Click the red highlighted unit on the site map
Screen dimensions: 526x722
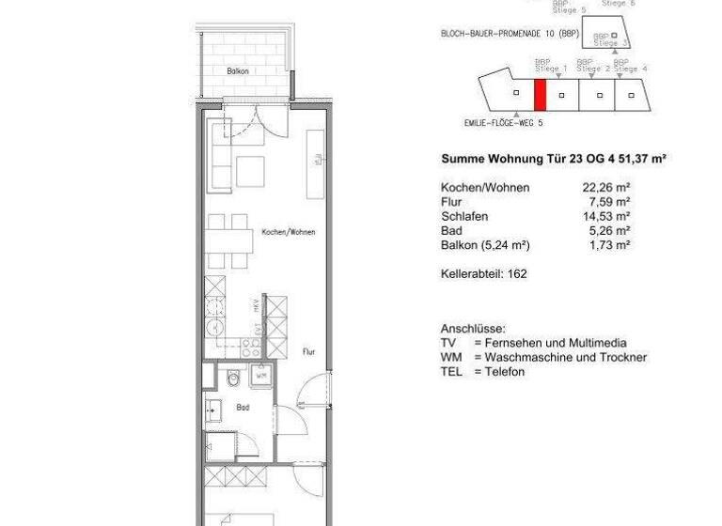point(540,96)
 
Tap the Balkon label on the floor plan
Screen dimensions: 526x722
point(238,71)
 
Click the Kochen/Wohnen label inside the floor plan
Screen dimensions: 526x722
point(288,232)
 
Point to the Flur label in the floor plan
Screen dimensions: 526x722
point(308,352)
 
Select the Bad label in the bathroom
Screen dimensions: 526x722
point(243,408)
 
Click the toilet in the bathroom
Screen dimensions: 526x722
point(232,379)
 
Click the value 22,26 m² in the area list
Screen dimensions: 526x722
point(605,188)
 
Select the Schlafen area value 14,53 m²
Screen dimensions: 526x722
point(605,216)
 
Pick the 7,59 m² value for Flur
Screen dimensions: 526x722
point(609,202)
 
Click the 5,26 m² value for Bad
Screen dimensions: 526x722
point(609,230)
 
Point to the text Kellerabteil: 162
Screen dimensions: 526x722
point(483,274)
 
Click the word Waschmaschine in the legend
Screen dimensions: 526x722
point(533,358)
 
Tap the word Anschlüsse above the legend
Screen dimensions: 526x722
point(473,330)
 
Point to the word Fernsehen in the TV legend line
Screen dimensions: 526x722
point(515,344)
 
